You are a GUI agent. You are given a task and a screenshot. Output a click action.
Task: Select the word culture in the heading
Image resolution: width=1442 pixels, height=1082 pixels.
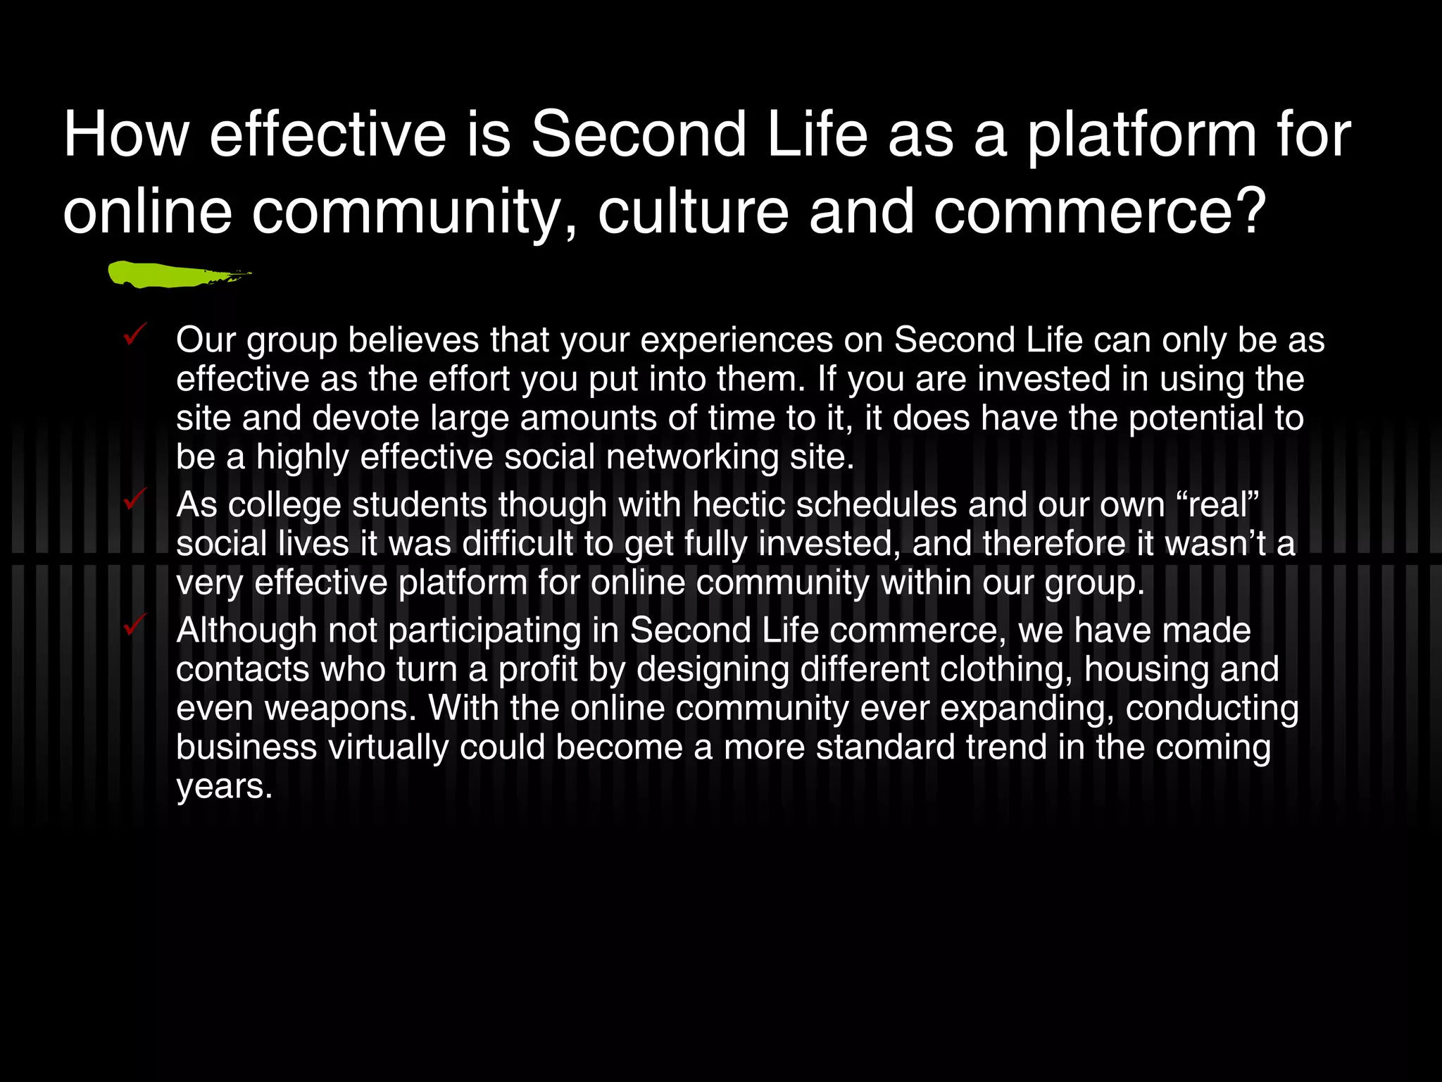click(x=693, y=211)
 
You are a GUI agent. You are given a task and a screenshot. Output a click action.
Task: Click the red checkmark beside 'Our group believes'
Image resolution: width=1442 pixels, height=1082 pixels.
click(x=134, y=333)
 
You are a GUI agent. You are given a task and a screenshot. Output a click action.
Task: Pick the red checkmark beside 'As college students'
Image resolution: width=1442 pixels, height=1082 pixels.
click(x=134, y=498)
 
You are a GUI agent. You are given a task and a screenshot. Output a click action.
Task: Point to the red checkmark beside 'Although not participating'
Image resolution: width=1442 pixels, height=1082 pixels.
click(x=134, y=623)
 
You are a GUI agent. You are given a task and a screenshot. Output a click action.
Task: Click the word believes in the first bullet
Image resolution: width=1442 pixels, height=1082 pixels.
click(x=413, y=340)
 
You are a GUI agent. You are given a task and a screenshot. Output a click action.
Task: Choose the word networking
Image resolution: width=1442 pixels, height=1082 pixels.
click(x=692, y=457)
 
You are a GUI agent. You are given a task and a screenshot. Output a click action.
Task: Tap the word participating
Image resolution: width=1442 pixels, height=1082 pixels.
click(x=484, y=630)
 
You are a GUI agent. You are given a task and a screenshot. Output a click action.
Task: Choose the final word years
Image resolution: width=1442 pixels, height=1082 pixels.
click(x=224, y=786)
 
